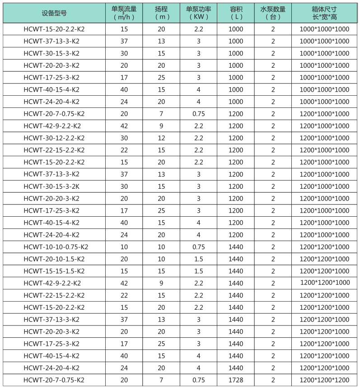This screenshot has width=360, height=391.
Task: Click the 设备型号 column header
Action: [x=54, y=13]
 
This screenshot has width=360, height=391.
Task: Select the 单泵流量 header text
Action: [x=124, y=9]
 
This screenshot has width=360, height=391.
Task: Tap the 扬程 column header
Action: [x=161, y=9]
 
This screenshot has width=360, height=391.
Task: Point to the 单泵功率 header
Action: [x=198, y=9]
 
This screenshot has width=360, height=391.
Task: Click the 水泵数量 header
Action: [x=273, y=9]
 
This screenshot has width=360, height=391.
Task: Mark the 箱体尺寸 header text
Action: [x=324, y=9]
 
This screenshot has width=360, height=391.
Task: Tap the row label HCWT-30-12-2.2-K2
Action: [x=54, y=138]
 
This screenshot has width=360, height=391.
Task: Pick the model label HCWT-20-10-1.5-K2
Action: [x=54, y=259]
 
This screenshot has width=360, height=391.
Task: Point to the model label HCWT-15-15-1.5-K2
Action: [x=54, y=271]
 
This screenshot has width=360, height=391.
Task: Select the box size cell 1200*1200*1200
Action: [x=324, y=380]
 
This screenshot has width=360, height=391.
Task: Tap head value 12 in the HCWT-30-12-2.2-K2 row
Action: [x=161, y=138]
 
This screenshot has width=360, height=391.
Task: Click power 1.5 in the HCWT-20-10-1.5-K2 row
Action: [x=198, y=259]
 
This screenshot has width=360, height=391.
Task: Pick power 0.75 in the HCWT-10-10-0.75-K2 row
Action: [x=198, y=247]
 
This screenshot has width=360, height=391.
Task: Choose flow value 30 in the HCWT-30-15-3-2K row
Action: [x=124, y=186]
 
